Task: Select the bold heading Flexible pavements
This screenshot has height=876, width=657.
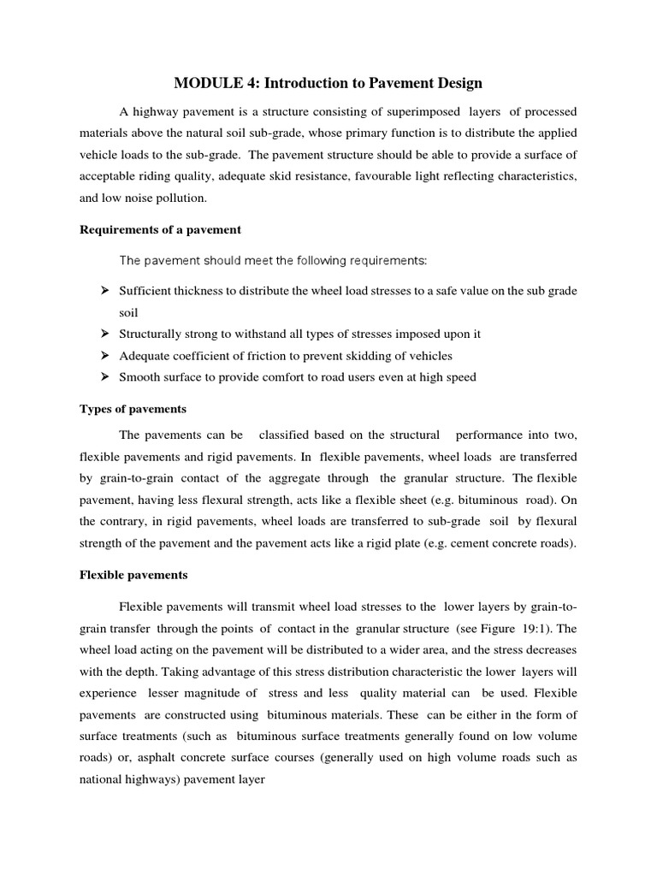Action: tap(133, 575)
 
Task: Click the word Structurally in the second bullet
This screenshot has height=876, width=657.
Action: tap(151, 334)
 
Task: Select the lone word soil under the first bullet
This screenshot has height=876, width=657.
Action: tap(128, 312)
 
